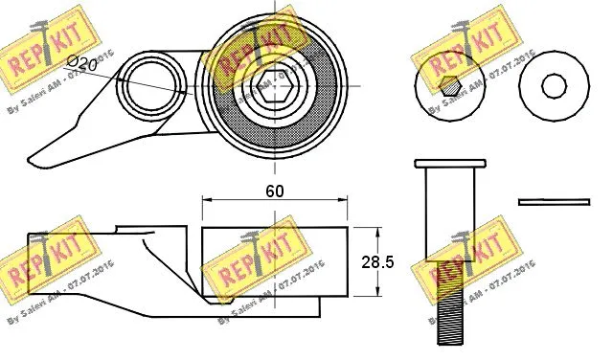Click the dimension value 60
point(275,190)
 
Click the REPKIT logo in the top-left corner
point(43,48)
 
